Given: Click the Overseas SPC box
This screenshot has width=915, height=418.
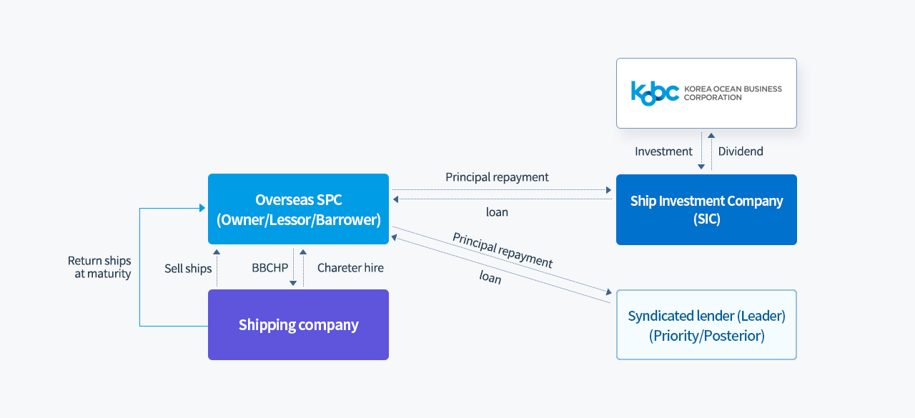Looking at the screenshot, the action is (298, 209).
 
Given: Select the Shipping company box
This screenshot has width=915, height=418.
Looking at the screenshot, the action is (298, 325).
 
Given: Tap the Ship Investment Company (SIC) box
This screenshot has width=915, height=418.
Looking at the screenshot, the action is (706, 210).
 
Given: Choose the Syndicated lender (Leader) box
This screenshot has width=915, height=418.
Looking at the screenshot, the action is (706, 325).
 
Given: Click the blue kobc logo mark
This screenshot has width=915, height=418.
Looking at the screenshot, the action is (655, 94).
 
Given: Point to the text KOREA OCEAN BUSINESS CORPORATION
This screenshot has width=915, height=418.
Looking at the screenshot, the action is (733, 93).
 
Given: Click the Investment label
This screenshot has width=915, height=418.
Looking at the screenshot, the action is (663, 151).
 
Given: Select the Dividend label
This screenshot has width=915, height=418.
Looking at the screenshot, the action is (741, 151).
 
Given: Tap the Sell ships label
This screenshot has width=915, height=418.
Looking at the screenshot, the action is (188, 269).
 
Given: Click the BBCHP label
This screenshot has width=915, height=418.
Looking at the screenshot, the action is (269, 268).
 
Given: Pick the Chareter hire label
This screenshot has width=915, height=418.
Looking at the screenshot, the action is (350, 268).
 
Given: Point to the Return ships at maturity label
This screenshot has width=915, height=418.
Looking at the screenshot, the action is (99, 267).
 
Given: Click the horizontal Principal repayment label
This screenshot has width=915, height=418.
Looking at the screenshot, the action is (497, 177).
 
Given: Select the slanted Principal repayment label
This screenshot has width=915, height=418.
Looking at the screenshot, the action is (503, 250).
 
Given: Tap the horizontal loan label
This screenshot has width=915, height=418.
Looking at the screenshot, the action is (497, 212).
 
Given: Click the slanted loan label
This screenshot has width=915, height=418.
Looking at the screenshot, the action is (490, 277).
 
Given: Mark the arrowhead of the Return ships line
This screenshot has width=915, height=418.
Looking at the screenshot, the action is (202, 208).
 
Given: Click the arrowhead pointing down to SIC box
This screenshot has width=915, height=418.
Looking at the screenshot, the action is (701, 166).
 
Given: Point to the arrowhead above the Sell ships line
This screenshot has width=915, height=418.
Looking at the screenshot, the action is (217, 252).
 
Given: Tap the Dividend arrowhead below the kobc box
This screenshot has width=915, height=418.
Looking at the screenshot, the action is (711, 135).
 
